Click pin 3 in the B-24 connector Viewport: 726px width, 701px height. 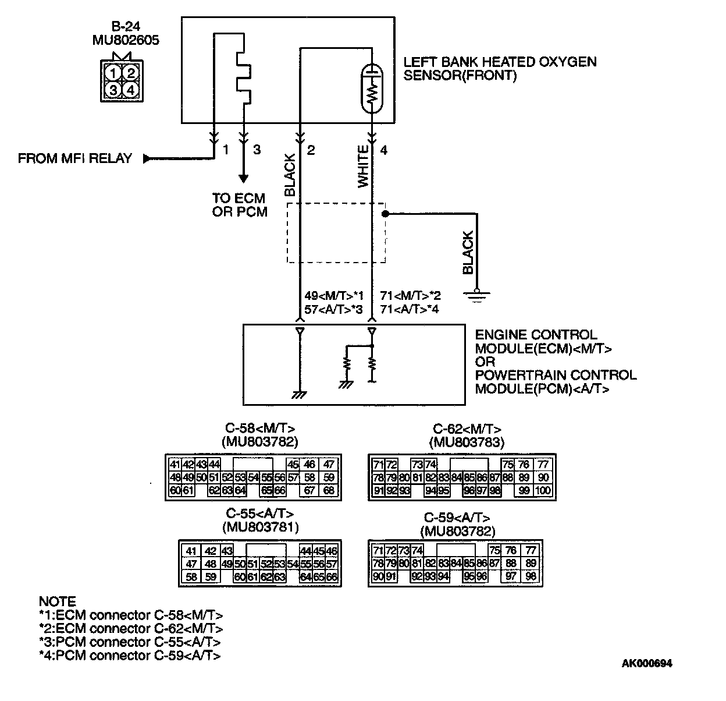tap(114, 89)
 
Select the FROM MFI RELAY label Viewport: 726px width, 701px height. tap(75, 158)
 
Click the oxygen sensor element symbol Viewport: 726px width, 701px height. tap(372, 88)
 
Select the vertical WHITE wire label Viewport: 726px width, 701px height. tap(363, 167)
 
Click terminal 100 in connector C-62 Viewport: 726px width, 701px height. tap(543, 491)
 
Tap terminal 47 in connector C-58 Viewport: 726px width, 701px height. tap(329, 464)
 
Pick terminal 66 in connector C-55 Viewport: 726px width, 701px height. tap(332, 577)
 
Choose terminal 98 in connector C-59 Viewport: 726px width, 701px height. tap(529, 577)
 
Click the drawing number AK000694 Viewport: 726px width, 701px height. tap(646, 663)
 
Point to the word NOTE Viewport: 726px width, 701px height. tap(57, 601)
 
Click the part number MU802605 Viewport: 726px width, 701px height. tap(126, 40)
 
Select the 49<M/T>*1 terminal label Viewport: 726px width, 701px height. tap(333, 296)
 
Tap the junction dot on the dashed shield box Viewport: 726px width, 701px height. tap(385, 214)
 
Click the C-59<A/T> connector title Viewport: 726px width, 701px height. tap(457, 518)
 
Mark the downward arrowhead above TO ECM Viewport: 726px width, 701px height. tap(244, 178)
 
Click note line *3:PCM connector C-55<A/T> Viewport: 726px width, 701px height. tap(130, 642)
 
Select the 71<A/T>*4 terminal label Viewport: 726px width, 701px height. tap(409, 309)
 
